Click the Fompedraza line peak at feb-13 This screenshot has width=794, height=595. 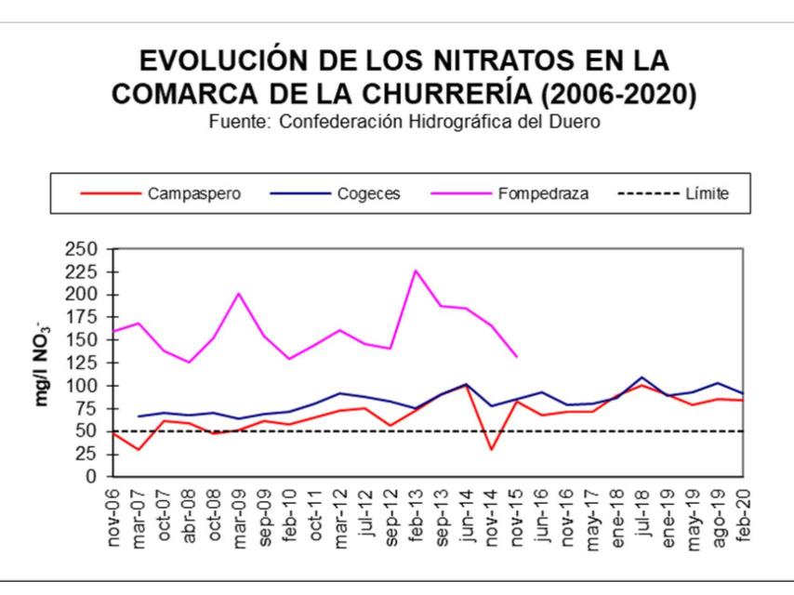click(x=416, y=271)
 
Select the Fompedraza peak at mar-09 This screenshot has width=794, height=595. click(x=239, y=294)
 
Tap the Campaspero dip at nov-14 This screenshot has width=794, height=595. click(x=490, y=450)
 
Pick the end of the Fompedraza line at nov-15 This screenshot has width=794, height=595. click(x=516, y=356)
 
